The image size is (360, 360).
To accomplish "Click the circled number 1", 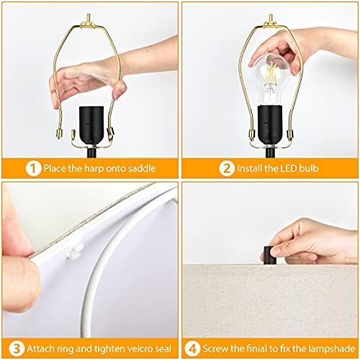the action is [33, 168].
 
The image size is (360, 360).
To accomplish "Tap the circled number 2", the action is [227, 168].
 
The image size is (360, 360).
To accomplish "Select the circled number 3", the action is [17, 348].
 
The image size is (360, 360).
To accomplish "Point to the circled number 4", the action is [192, 348].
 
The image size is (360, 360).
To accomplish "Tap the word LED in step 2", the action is [287, 168].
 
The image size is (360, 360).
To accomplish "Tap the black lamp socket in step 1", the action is [91, 126].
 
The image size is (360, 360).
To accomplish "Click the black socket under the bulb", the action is [270, 125].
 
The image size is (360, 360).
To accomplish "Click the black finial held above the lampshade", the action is [268, 255].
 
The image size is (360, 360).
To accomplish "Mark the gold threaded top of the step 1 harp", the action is [89, 20].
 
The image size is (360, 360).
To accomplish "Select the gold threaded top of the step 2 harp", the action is [271, 20].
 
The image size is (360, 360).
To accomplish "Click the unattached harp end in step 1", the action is [59, 134].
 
